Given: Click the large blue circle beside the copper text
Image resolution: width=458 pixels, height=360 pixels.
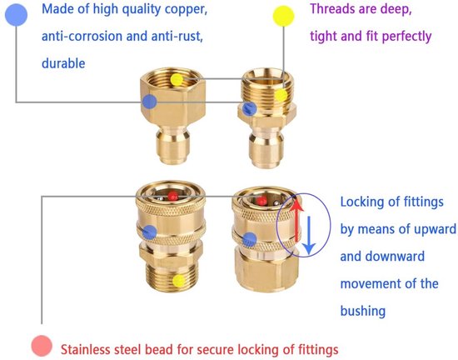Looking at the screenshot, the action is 17,15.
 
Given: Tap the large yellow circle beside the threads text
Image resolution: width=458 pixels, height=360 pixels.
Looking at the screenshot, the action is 283,16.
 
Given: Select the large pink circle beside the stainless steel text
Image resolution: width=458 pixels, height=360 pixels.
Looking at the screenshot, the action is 42,346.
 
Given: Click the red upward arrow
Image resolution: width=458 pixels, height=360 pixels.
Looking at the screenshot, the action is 296,219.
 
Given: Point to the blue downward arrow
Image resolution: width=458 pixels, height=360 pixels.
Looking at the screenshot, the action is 309,235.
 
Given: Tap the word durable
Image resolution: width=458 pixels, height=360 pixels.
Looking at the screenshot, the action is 63,63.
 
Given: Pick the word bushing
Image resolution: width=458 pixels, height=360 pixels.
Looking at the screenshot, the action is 363,311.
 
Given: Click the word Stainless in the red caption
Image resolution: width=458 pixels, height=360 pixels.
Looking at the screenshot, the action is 84,349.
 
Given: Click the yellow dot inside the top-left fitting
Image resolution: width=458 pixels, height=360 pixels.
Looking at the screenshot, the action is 177,79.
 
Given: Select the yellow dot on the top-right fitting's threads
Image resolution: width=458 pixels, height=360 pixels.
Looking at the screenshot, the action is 281,95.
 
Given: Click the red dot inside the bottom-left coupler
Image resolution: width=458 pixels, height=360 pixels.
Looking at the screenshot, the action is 172,196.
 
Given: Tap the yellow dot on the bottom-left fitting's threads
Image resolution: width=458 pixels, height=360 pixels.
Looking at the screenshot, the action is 178,281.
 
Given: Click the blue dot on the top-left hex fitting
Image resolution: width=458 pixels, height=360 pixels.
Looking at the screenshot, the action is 150,102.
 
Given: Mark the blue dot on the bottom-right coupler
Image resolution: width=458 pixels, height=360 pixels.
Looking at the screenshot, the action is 250,240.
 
